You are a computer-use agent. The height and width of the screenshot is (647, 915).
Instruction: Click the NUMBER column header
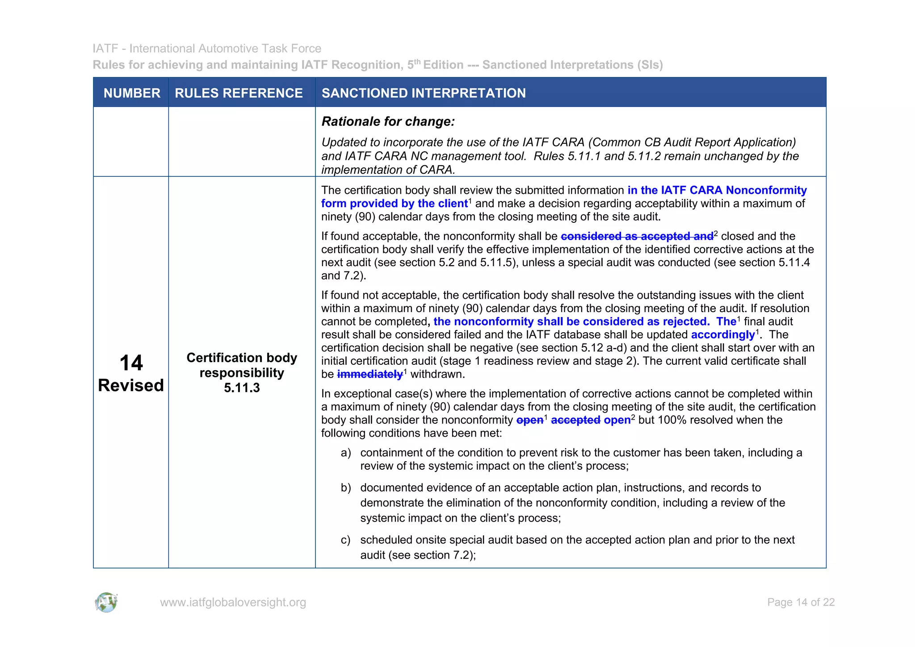point(132,93)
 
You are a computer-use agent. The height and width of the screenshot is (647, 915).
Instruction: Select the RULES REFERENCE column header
point(239,93)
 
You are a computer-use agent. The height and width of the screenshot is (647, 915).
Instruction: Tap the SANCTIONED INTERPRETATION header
point(424,93)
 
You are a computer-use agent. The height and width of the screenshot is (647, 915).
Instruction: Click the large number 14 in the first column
point(131,363)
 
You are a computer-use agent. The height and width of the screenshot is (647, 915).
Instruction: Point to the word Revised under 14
point(131,385)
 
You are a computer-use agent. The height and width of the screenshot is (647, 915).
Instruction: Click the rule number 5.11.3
point(242,388)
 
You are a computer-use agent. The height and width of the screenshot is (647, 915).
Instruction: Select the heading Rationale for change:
point(388,121)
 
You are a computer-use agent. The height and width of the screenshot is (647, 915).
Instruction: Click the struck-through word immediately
point(370,374)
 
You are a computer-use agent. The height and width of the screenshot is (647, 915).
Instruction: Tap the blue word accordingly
point(722,334)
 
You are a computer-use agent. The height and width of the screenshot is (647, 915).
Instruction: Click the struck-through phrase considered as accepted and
point(637,236)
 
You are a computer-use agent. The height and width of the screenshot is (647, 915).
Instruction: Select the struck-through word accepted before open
point(575,420)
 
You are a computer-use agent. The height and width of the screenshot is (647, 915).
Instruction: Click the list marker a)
point(346,453)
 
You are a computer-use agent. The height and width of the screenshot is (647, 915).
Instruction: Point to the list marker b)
point(346,488)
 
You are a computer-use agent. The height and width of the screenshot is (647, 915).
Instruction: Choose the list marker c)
point(346,540)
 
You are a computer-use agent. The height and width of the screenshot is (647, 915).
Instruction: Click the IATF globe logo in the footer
point(106,602)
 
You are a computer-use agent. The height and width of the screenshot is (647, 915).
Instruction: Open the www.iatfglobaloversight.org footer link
point(233,602)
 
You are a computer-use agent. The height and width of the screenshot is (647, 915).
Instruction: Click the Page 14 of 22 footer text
point(801,602)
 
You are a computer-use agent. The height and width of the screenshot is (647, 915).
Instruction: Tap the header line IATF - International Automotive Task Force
point(207,48)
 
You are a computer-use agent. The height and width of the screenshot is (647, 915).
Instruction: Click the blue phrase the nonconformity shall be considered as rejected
point(571,321)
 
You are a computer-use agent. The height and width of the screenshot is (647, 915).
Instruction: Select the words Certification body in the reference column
point(242,358)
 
